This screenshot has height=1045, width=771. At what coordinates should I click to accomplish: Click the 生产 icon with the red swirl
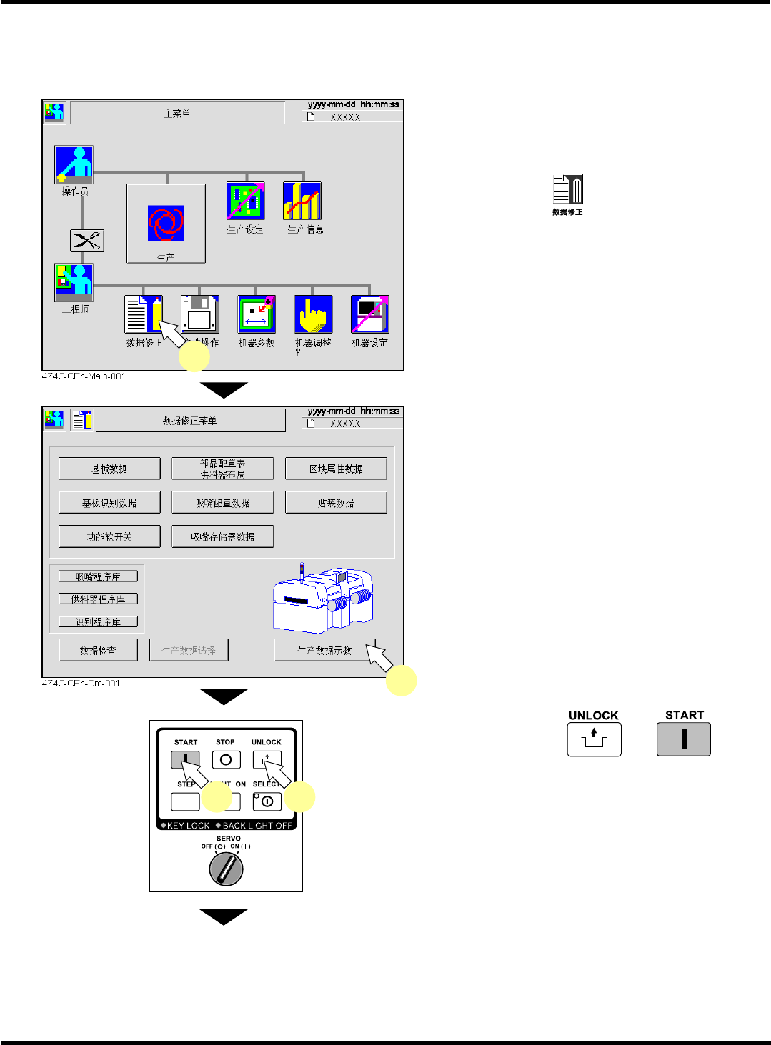click(166, 223)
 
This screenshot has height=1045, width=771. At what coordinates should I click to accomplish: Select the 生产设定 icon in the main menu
click(245, 201)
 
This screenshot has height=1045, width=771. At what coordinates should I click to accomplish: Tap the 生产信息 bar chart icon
click(302, 201)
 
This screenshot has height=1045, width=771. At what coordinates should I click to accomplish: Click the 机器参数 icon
click(257, 314)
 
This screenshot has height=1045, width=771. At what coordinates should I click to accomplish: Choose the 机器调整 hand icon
click(313, 314)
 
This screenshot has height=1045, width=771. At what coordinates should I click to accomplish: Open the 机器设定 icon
click(369, 314)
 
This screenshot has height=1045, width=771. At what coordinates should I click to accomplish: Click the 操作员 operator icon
click(74, 165)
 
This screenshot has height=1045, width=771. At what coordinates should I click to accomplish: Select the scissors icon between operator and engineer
click(86, 241)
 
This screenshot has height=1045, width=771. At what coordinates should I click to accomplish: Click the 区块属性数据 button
click(336, 469)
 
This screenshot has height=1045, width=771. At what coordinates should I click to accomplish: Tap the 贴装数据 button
click(336, 502)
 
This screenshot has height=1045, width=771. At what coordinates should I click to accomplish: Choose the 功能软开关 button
click(109, 536)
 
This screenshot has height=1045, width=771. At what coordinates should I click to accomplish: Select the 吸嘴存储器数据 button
click(222, 536)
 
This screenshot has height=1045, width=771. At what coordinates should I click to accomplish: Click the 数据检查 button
click(98, 650)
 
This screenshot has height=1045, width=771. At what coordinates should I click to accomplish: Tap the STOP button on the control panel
click(226, 760)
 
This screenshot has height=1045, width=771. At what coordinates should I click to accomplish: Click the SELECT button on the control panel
click(267, 801)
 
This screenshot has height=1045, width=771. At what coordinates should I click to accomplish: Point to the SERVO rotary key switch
click(226, 869)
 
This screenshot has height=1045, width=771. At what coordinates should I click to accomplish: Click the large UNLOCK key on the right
click(594, 739)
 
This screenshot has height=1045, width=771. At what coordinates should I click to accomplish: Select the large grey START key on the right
click(684, 739)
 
